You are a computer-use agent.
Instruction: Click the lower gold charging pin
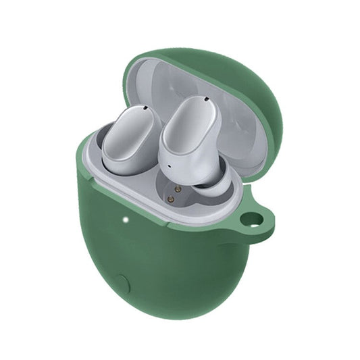click(x=171, y=200)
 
